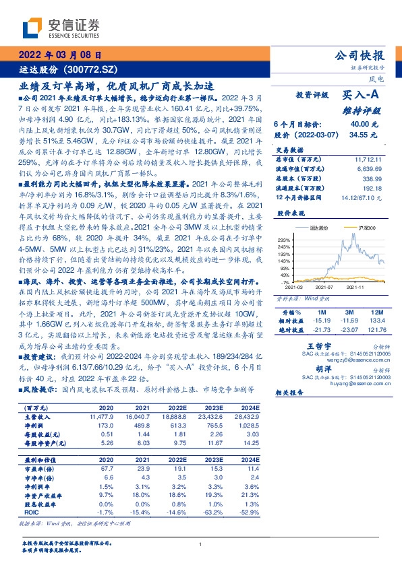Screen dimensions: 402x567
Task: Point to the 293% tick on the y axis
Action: pyautogui.click(x=283, y=240)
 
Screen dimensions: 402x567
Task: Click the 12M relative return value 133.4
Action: pyautogui.click(x=376, y=321)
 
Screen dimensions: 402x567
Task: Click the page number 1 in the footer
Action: pyautogui.click(x=200, y=545)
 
